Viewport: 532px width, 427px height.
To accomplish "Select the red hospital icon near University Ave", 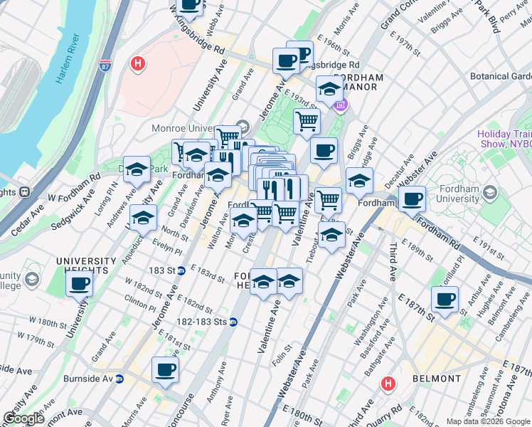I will point(138,64).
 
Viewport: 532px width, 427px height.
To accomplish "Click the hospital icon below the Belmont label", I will point(388,384).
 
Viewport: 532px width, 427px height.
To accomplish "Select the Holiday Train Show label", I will point(504,138).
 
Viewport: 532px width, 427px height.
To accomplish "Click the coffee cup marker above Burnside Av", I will point(165,370).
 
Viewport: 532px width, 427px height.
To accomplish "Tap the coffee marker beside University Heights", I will point(79,285).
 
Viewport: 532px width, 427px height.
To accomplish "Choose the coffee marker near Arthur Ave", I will point(445,299).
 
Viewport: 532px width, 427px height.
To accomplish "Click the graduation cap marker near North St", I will point(143,218).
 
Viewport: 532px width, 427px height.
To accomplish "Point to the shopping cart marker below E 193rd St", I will point(307,120).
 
